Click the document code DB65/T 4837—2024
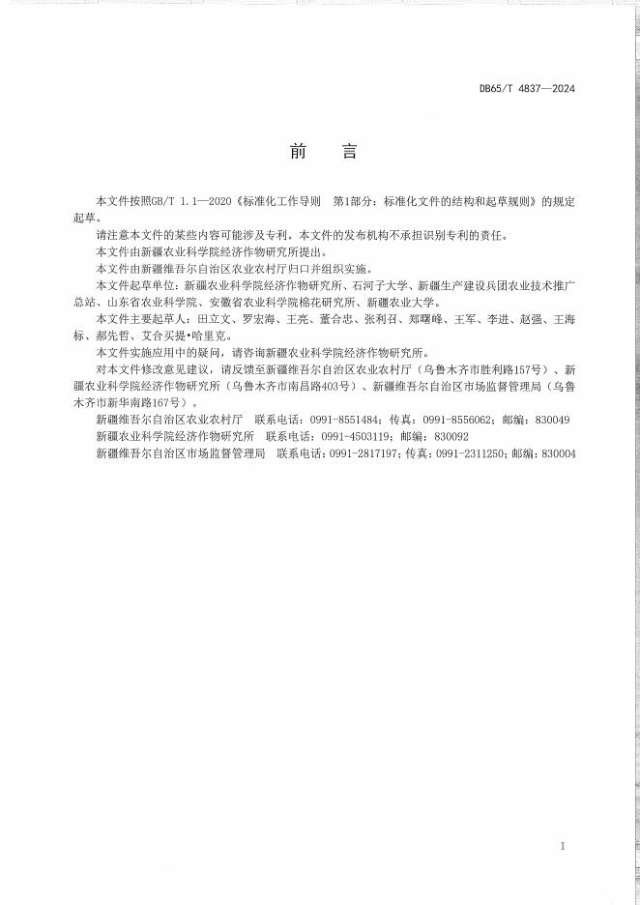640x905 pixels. pyautogui.click(x=527, y=89)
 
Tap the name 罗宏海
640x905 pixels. pyautogui.click(x=254, y=318)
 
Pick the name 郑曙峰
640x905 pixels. pyautogui.click(x=426, y=318)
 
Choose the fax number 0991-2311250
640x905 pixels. pyautogui.click(x=469, y=452)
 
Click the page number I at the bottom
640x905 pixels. pyautogui.click(x=562, y=846)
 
